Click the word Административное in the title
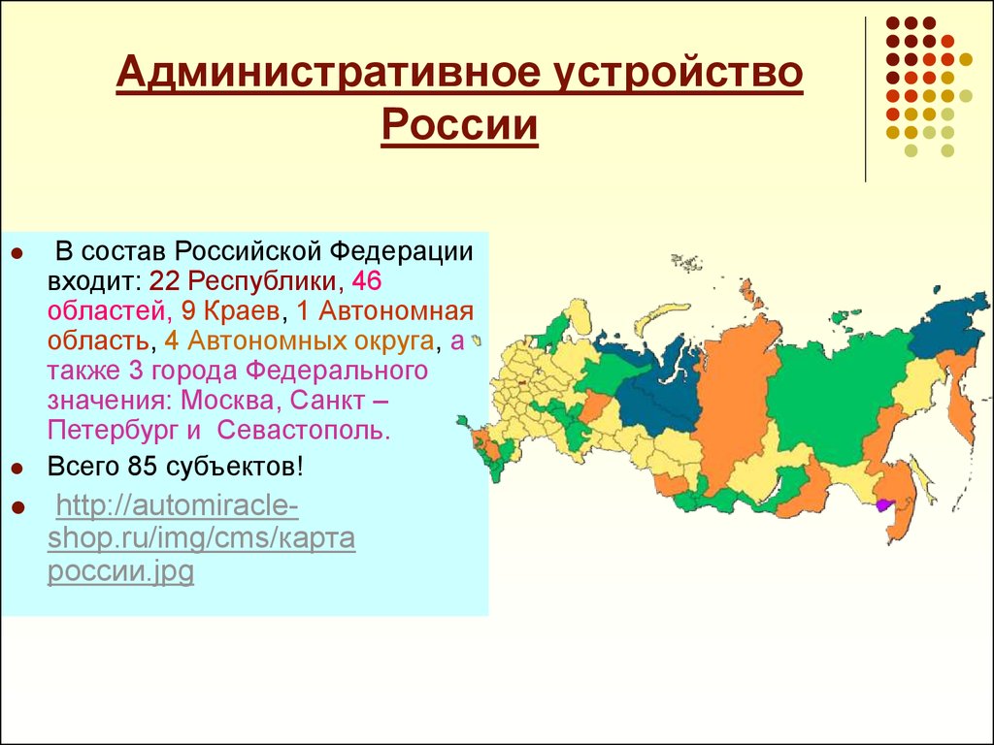coord(328,72)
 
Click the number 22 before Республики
coord(163,281)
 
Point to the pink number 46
coord(366,281)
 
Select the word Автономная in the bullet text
coord(396,311)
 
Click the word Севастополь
coord(302,431)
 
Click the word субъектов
coord(235,468)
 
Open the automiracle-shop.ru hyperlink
coord(202,538)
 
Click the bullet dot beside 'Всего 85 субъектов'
coord(17,470)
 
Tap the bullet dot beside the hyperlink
coord(17,508)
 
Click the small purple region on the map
coord(883,504)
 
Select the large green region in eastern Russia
coord(837,399)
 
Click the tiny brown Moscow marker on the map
coord(522,383)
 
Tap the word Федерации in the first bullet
coord(402,252)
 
